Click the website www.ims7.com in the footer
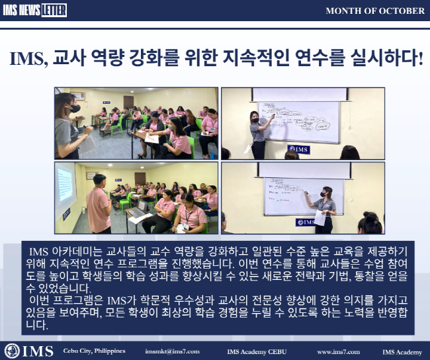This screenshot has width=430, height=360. click(338, 351)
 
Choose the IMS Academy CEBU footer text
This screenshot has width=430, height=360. click(257, 351)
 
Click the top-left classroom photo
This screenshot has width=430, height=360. click(136, 123)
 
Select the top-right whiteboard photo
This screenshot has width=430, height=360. click(302, 123)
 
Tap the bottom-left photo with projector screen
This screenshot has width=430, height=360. click(136, 199)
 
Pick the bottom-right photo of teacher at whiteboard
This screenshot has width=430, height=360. click(302, 199)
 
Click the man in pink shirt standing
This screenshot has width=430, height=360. click(99, 205)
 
